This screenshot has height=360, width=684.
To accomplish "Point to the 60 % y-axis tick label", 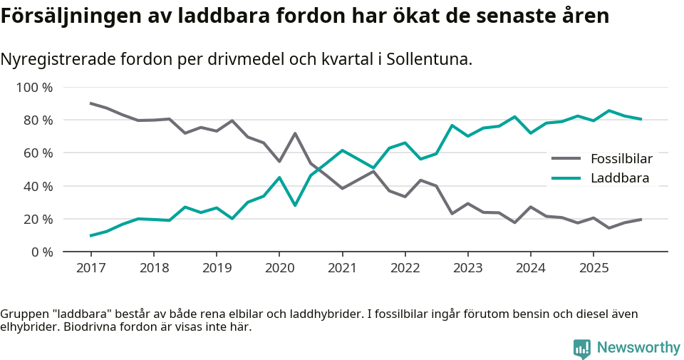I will [x=37, y=153].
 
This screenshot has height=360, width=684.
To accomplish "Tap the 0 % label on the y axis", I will [x=41, y=252].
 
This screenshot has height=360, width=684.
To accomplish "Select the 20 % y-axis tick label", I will [x=37, y=220].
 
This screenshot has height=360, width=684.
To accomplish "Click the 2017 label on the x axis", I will [x=91, y=268].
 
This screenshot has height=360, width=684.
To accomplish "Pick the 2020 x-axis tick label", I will [x=279, y=268].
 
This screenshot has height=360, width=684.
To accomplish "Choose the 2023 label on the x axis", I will [x=468, y=268].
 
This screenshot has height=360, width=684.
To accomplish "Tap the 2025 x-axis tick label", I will [x=594, y=268].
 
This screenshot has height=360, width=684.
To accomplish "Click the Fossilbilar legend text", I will [x=621, y=158].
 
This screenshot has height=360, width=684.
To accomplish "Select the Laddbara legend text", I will [x=620, y=178].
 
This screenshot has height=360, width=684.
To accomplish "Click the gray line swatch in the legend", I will [x=567, y=158].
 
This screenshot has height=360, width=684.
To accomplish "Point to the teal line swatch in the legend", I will [x=567, y=178].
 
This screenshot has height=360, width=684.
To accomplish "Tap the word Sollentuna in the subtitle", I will [x=428, y=59].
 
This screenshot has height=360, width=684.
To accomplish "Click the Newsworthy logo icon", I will [x=582, y=348].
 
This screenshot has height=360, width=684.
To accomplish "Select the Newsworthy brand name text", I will [x=638, y=347].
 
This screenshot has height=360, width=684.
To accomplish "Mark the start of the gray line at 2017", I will [x=91, y=103].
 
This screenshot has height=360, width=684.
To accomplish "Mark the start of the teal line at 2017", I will [x=91, y=235].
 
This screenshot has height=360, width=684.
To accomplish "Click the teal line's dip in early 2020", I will [x=295, y=205].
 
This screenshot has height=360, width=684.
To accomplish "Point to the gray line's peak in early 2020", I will [x=295, y=133].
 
